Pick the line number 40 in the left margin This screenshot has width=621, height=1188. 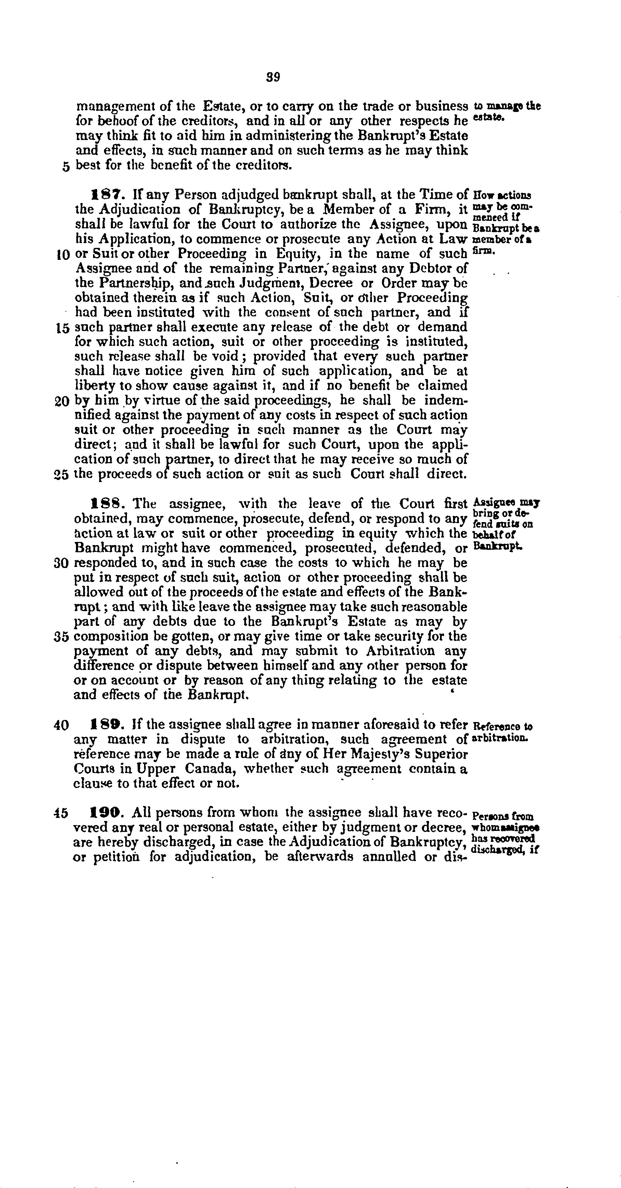pos(61,726)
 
